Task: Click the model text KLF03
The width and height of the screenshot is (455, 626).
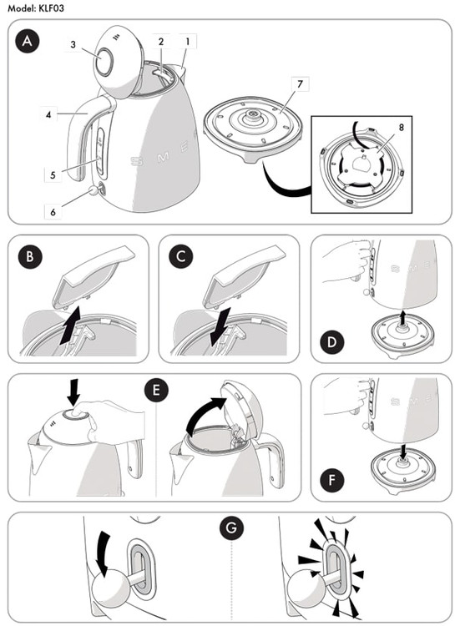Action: (51, 8)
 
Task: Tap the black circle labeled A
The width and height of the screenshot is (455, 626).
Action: (28, 41)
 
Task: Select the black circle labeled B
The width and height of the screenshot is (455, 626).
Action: (30, 256)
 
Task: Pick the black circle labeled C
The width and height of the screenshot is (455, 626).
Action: (181, 256)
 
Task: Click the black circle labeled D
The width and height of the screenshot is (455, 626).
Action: (332, 342)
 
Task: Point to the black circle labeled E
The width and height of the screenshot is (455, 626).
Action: (156, 390)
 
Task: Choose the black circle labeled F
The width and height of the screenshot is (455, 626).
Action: (332, 480)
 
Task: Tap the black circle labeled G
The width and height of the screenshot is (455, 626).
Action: (231, 528)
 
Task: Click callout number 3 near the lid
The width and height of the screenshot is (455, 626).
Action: (73, 44)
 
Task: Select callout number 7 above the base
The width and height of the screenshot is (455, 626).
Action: (300, 83)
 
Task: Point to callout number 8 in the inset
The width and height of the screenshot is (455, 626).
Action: (401, 128)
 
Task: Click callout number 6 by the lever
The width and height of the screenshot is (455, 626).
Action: (53, 212)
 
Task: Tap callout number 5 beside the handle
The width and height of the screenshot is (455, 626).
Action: (53, 175)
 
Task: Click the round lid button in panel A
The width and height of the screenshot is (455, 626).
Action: (104, 62)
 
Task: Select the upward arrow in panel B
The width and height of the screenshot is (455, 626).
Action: (70, 326)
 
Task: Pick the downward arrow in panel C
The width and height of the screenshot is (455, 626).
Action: (220, 326)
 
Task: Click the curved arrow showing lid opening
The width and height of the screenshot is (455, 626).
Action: (203, 414)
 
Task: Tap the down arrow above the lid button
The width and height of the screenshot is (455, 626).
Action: (73, 392)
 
